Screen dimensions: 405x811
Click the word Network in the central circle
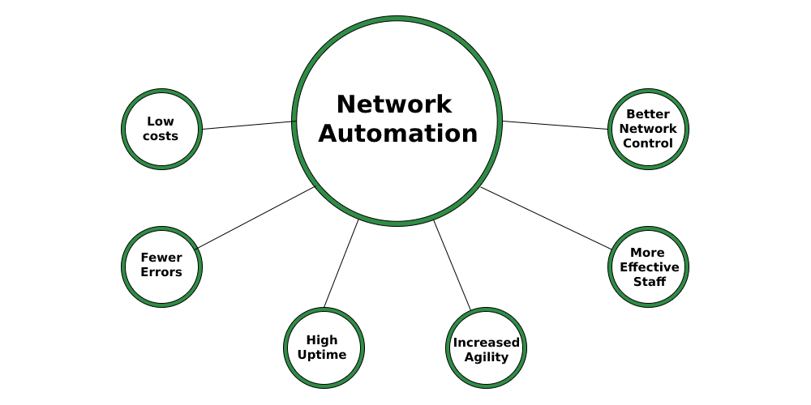coord(393,104)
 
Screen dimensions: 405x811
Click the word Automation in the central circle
coord(397,134)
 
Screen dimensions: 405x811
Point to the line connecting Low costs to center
coord(247,125)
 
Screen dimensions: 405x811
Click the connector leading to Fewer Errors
coord(255,217)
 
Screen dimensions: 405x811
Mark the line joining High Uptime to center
coord(341,264)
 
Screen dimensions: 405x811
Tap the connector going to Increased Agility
coord(452,265)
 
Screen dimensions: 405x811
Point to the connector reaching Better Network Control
coord(556,125)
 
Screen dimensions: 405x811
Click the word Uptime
coord(322,355)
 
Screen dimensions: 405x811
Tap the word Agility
coord(487,357)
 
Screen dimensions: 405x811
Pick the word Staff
coord(649,282)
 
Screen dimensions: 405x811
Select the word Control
coord(648,143)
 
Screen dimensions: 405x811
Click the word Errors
coord(161,272)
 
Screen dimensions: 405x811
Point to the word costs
coord(161,136)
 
